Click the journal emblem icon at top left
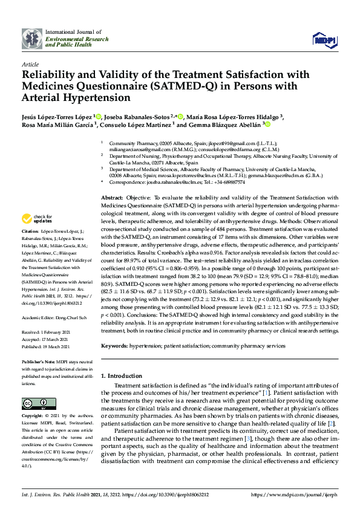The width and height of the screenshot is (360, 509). pos(33,39)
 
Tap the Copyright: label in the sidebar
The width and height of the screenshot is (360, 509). pos(34,416)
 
